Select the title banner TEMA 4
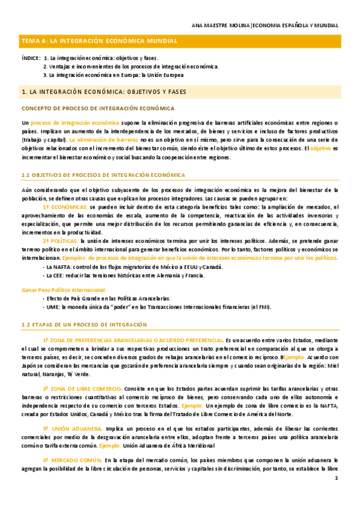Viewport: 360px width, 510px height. pyautogui.click(x=99, y=41)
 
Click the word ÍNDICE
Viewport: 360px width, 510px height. pyautogui.click(x=31, y=58)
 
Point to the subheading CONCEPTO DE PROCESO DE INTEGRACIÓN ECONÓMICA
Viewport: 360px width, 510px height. pyautogui.click(x=98, y=108)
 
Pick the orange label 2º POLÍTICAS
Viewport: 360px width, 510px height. pyautogui.click(x=63, y=241)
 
